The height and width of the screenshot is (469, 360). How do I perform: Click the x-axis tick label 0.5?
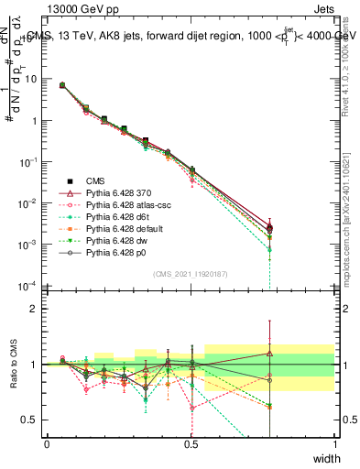(191, 443)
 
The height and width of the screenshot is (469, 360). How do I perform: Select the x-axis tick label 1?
(334, 443)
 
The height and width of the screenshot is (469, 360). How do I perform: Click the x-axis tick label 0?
(47, 443)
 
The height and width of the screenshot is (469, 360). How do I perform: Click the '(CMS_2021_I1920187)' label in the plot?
(191, 274)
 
